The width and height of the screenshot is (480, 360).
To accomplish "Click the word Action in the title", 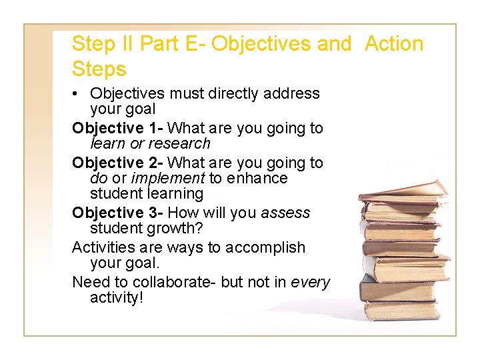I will tap(394, 44).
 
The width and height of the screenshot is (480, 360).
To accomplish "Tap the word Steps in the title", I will tap(99, 69).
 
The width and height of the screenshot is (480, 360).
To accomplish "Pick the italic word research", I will tap(179, 143).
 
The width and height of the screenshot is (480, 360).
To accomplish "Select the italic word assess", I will tap(285, 213).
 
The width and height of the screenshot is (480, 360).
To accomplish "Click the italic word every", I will tap(311, 282).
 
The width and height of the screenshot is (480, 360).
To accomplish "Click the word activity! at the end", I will tap(117, 297).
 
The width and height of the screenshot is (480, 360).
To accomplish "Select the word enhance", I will tap(257, 178).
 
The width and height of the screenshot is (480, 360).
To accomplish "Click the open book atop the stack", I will tap(404, 191).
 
